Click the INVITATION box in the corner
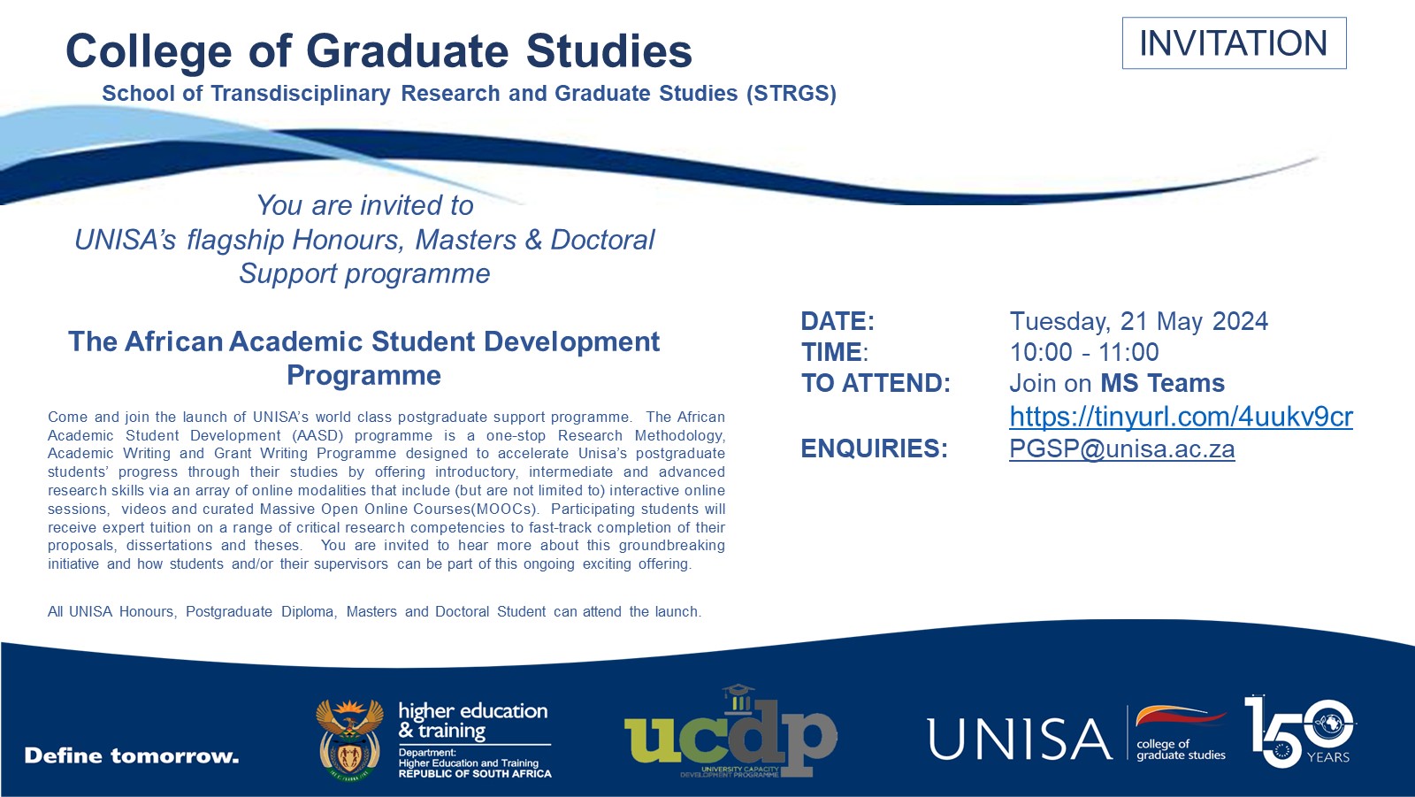(x=1234, y=43)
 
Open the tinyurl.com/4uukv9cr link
(x=1181, y=417)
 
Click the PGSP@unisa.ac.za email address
(x=1121, y=449)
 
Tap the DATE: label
(x=837, y=321)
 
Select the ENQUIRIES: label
(x=874, y=449)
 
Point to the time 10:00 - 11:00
(x=1083, y=352)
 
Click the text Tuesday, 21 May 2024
(x=1138, y=321)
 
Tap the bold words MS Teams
(x=1162, y=383)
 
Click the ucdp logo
(x=730, y=732)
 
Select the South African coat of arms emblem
(x=349, y=740)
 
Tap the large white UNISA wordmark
(x=1019, y=740)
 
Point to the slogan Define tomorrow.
(x=132, y=756)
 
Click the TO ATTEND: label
(x=876, y=383)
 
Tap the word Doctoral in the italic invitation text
(x=602, y=240)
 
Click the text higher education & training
(x=472, y=720)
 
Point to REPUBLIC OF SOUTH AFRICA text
(x=474, y=774)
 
